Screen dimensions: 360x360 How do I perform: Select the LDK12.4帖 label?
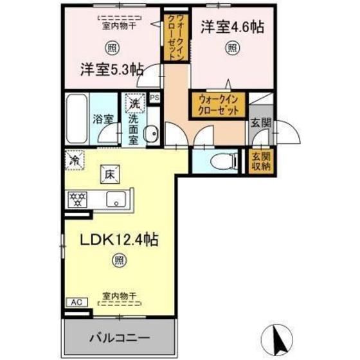(119, 240)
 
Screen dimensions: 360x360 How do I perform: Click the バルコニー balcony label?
(119, 336)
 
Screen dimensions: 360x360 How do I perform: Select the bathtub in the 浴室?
(75, 118)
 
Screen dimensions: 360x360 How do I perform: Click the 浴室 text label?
(103, 118)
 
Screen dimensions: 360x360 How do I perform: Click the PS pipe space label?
(154, 97)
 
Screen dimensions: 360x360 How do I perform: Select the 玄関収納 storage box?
(260, 161)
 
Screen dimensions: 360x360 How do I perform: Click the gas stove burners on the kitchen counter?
(78, 199)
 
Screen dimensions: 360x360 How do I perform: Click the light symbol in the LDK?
(119, 260)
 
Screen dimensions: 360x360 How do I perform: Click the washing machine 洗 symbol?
(134, 104)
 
